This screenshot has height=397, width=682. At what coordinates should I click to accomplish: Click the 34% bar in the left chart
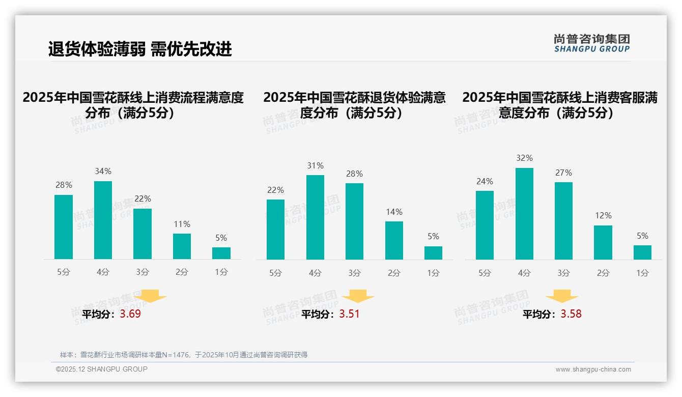pyautogui.click(x=103, y=220)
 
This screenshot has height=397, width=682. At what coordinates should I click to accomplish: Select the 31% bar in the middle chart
pyautogui.click(x=315, y=217)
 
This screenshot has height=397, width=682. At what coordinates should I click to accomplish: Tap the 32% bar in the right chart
pyautogui.click(x=524, y=214)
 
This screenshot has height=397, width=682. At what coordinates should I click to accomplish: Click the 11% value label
pyautogui.click(x=182, y=224)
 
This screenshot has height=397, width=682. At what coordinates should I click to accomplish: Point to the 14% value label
pyautogui.click(x=394, y=212)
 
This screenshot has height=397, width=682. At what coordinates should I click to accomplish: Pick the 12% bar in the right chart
pyautogui.click(x=603, y=242)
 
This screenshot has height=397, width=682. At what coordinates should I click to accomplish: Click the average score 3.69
pyautogui.click(x=130, y=314)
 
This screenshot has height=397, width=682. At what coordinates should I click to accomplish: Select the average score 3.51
pyautogui.click(x=349, y=314)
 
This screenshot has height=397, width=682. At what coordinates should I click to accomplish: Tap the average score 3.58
pyautogui.click(x=571, y=314)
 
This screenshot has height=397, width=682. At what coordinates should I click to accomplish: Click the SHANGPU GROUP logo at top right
pyautogui.click(x=591, y=43)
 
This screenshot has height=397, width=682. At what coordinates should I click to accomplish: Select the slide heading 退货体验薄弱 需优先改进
pyautogui.click(x=140, y=49)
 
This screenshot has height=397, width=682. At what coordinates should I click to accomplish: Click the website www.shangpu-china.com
pyautogui.click(x=593, y=370)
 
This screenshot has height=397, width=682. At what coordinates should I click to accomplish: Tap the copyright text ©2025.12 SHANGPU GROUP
pyautogui.click(x=102, y=369)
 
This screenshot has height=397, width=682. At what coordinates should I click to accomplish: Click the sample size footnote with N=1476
pyautogui.click(x=184, y=355)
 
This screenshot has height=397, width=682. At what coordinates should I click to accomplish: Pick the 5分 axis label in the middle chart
pyautogui.click(x=275, y=273)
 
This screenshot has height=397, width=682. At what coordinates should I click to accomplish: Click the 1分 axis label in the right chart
pyautogui.click(x=642, y=273)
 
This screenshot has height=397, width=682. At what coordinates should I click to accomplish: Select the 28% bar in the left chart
pyautogui.click(x=64, y=227)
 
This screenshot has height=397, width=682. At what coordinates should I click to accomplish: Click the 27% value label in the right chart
pyautogui.click(x=563, y=173)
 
